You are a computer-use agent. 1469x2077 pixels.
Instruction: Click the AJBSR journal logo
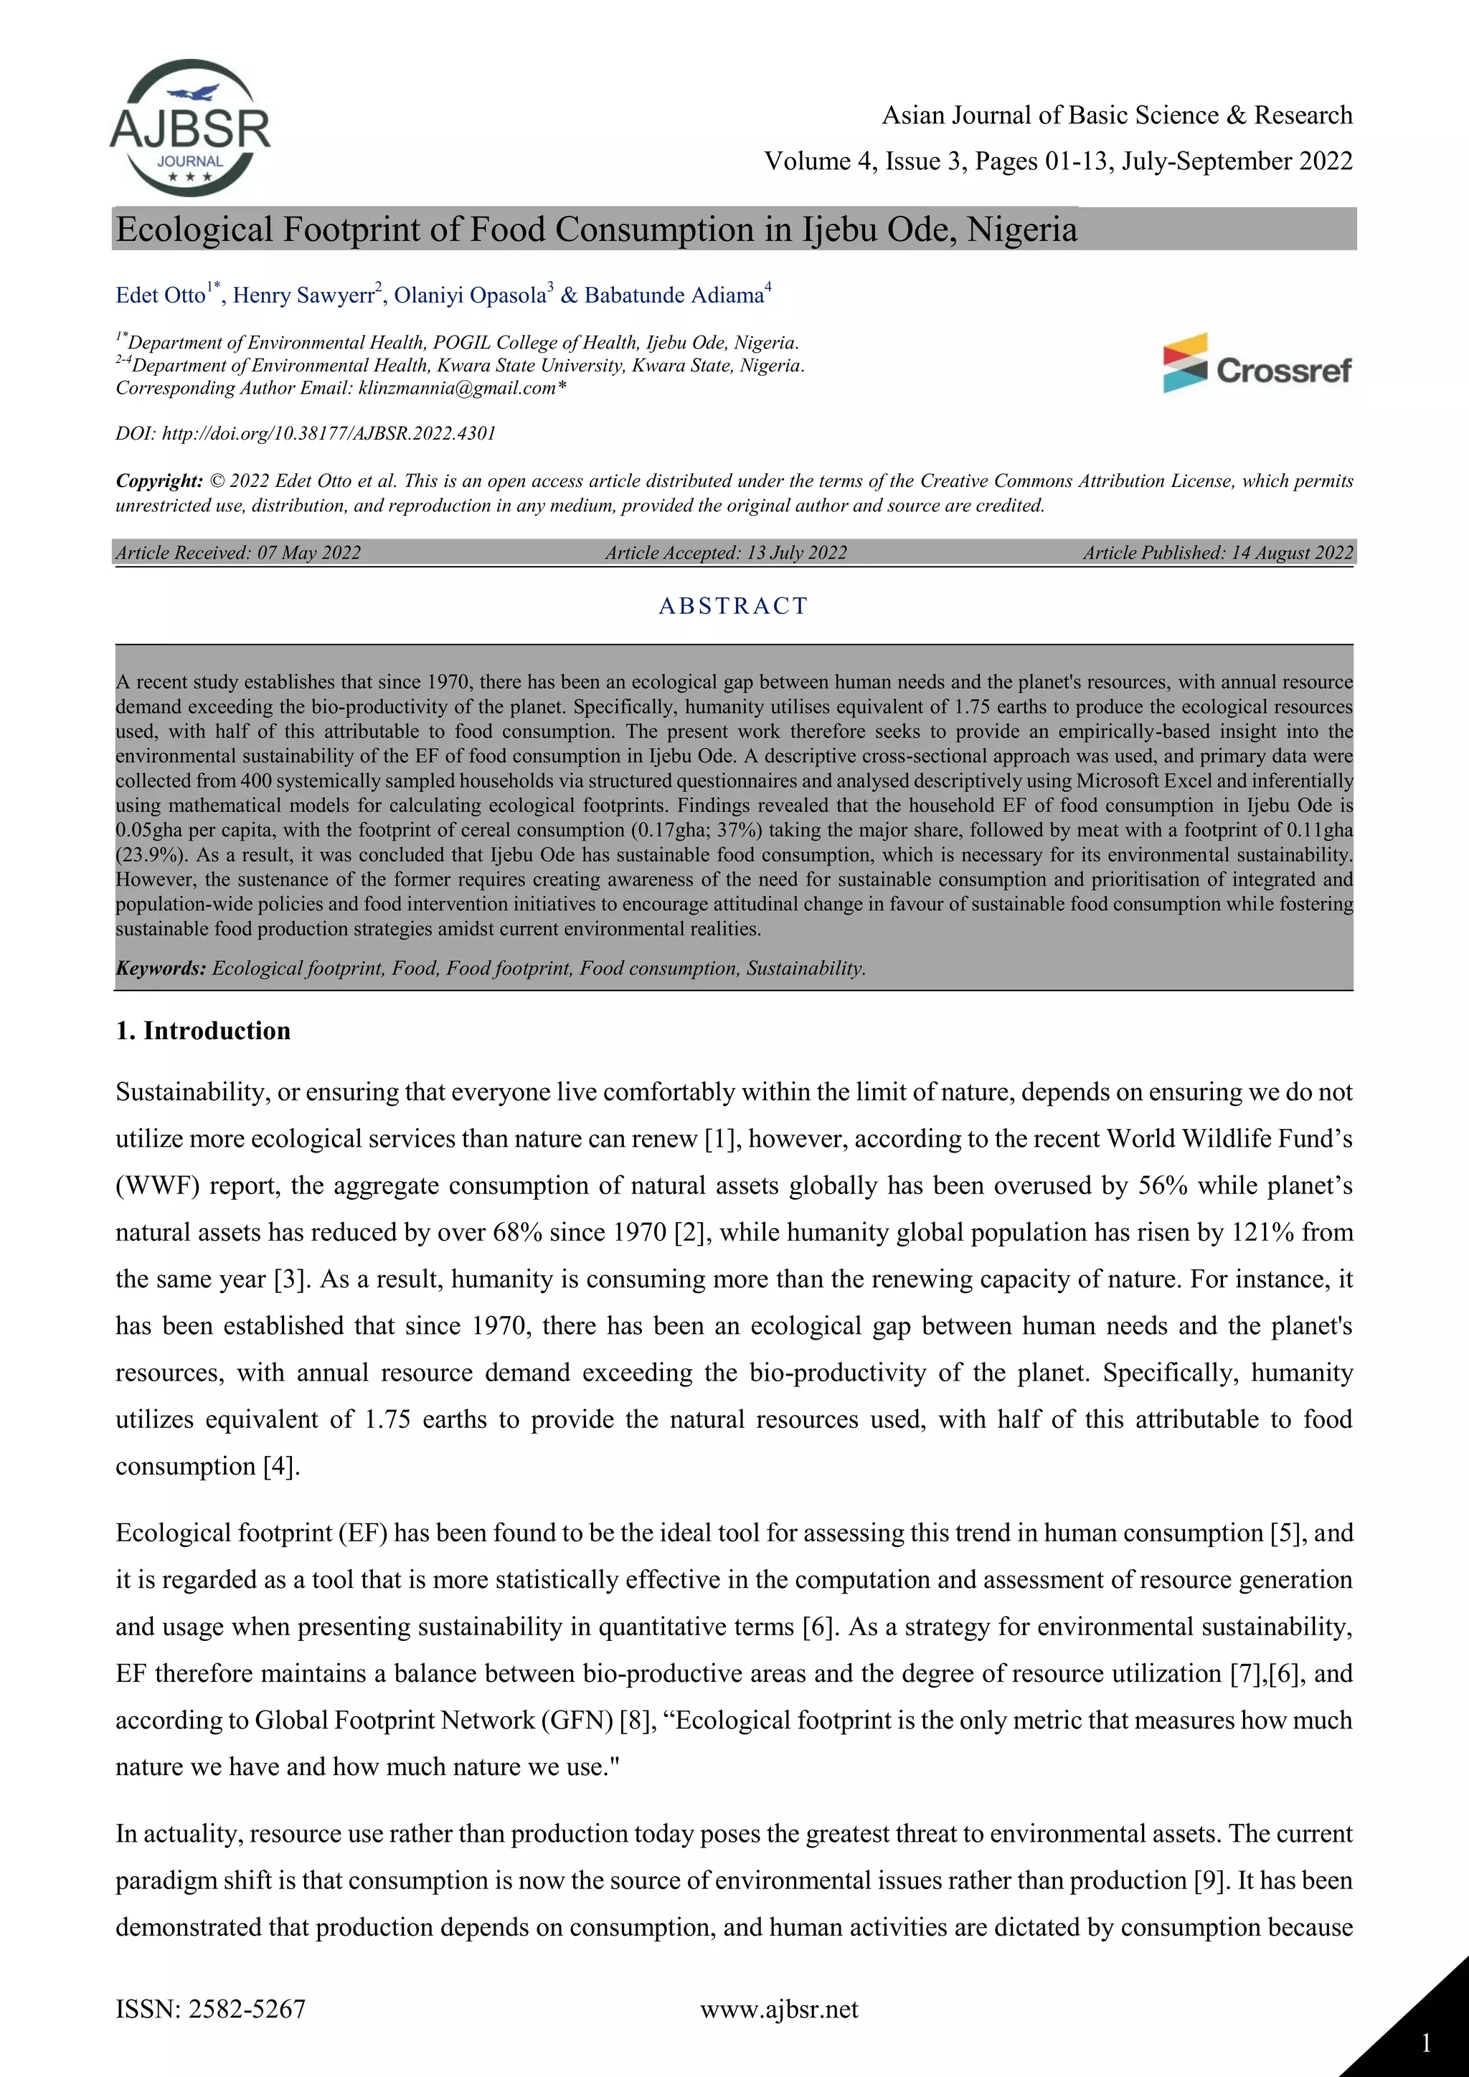click(190, 128)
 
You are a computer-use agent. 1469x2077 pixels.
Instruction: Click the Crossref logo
click(1257, 364)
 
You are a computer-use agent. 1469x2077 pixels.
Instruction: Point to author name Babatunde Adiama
click(674, 295)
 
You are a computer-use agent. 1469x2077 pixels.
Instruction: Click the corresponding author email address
click(457, 389)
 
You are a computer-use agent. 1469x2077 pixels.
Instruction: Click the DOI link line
click(306, 433)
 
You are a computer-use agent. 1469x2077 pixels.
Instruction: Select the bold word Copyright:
click(159, 481)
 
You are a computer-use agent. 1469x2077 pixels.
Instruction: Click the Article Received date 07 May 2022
click(308, 553)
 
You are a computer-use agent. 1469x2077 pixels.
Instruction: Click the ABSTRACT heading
click(732, 606)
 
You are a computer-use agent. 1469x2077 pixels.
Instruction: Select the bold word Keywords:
click(161, 969)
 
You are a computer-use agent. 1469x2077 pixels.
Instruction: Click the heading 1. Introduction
click(202, 1031)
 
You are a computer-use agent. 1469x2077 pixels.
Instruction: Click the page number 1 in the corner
click(1425, 2043)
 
